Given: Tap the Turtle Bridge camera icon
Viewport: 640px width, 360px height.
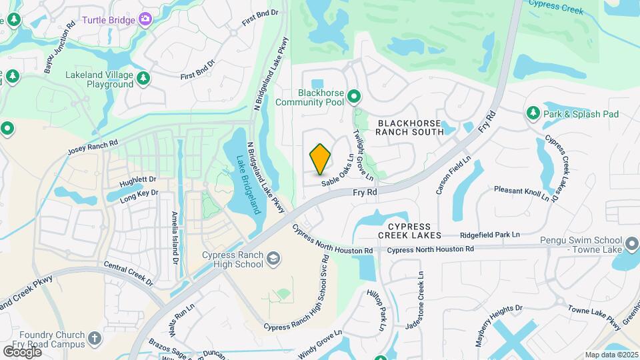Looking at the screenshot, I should coord(145,20).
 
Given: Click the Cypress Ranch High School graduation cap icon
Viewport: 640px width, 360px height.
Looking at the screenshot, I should coord(272,258).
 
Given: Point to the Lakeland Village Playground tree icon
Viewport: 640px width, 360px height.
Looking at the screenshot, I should coord(143,79).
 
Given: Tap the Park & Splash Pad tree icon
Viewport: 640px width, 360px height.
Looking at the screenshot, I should coord(533,113).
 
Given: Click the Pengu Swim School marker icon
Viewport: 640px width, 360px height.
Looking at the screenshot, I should coord(633,245).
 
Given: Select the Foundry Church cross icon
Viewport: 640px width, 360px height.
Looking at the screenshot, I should coord(95,339).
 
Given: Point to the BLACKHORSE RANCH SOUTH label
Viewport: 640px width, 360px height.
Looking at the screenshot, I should coord(409,127).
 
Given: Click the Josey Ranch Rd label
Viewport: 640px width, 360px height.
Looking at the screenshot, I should coord(93,148).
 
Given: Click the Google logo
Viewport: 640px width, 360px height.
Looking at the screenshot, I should coord(21,351).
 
